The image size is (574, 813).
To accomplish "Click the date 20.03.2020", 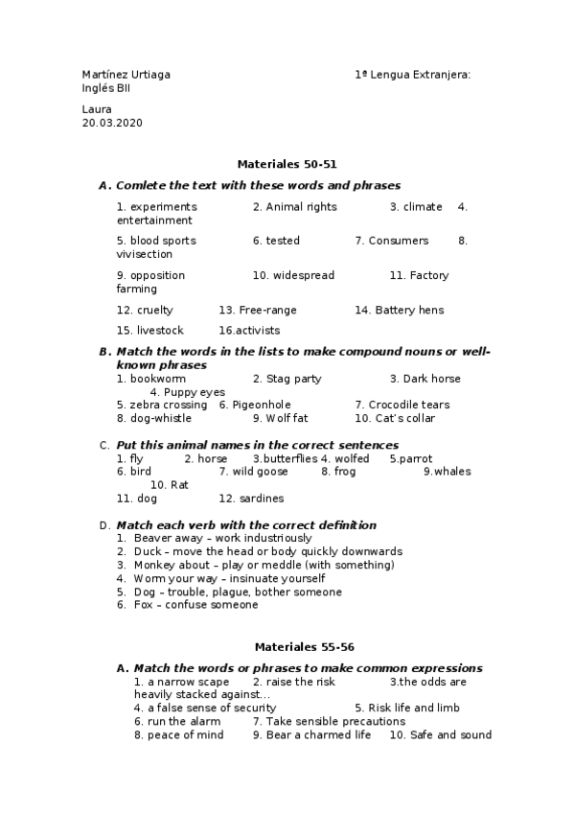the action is [x=112, y=124].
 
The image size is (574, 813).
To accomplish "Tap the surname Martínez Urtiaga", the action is [x=126, y=75].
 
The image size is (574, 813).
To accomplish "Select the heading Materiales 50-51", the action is [x=287, y=164].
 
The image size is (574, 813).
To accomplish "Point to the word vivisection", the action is [x=145, y=255].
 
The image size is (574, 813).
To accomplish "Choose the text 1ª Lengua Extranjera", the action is [x=413, y=75].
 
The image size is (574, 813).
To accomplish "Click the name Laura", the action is [x=97, y=109].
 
